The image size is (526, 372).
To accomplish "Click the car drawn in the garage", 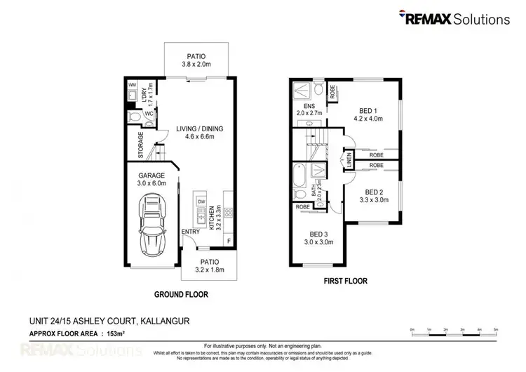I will tap(151, 225).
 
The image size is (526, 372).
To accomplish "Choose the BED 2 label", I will tap(376, 191).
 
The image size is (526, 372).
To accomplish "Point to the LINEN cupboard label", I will tap(348, 160).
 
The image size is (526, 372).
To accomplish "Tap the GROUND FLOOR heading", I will tap(181, 294).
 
